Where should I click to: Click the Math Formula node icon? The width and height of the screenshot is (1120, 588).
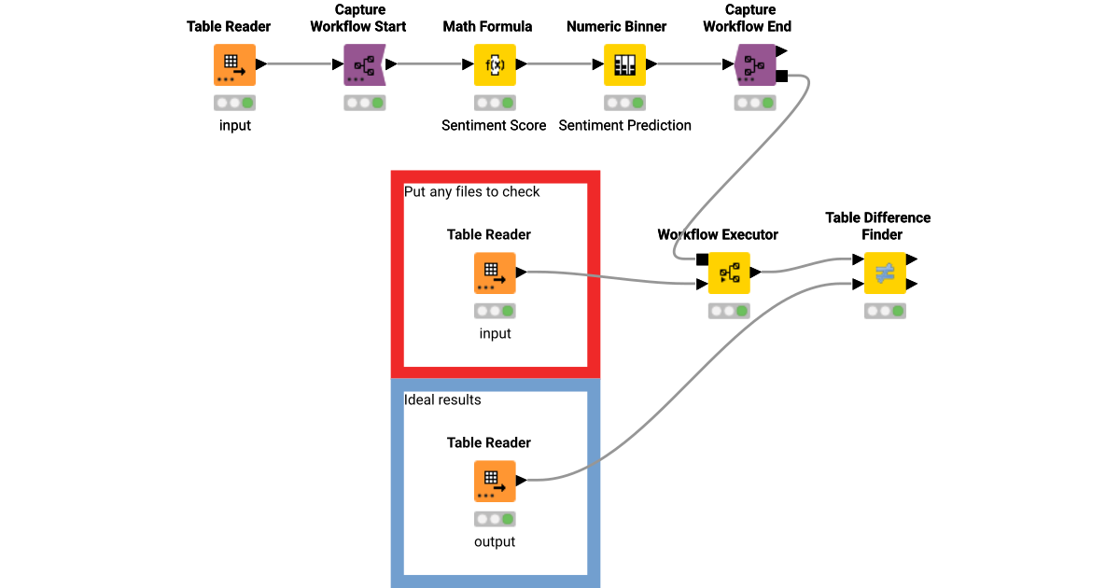495,64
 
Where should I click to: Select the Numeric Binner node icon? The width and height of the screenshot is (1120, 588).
624,64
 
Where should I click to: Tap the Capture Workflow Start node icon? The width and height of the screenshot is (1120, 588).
364,64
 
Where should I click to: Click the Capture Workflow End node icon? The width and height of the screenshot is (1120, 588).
755,64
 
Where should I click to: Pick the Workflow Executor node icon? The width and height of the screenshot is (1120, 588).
728,273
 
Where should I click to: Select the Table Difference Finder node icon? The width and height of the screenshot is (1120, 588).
885,273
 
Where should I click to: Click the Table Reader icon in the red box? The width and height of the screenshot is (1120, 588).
495,273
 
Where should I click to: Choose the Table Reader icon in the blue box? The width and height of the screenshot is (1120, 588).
495,481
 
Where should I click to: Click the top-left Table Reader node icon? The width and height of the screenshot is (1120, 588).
234,64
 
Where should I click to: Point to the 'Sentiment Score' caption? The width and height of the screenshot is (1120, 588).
494,125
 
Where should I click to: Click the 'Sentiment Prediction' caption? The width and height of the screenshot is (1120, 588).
624,125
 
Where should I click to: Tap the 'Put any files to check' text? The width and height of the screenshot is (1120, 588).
471,191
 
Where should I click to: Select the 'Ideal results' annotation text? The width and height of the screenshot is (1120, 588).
442,399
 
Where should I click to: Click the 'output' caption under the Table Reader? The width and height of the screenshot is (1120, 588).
495,541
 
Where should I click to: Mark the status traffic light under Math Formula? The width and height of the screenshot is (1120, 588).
495,103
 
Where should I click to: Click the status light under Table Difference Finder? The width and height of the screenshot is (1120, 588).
885,311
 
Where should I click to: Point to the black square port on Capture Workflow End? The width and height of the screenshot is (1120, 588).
782,76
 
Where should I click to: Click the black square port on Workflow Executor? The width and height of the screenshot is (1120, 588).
702,259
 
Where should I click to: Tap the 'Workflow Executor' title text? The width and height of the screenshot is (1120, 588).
717,234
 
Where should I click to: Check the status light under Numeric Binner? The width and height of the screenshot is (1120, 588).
624,103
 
